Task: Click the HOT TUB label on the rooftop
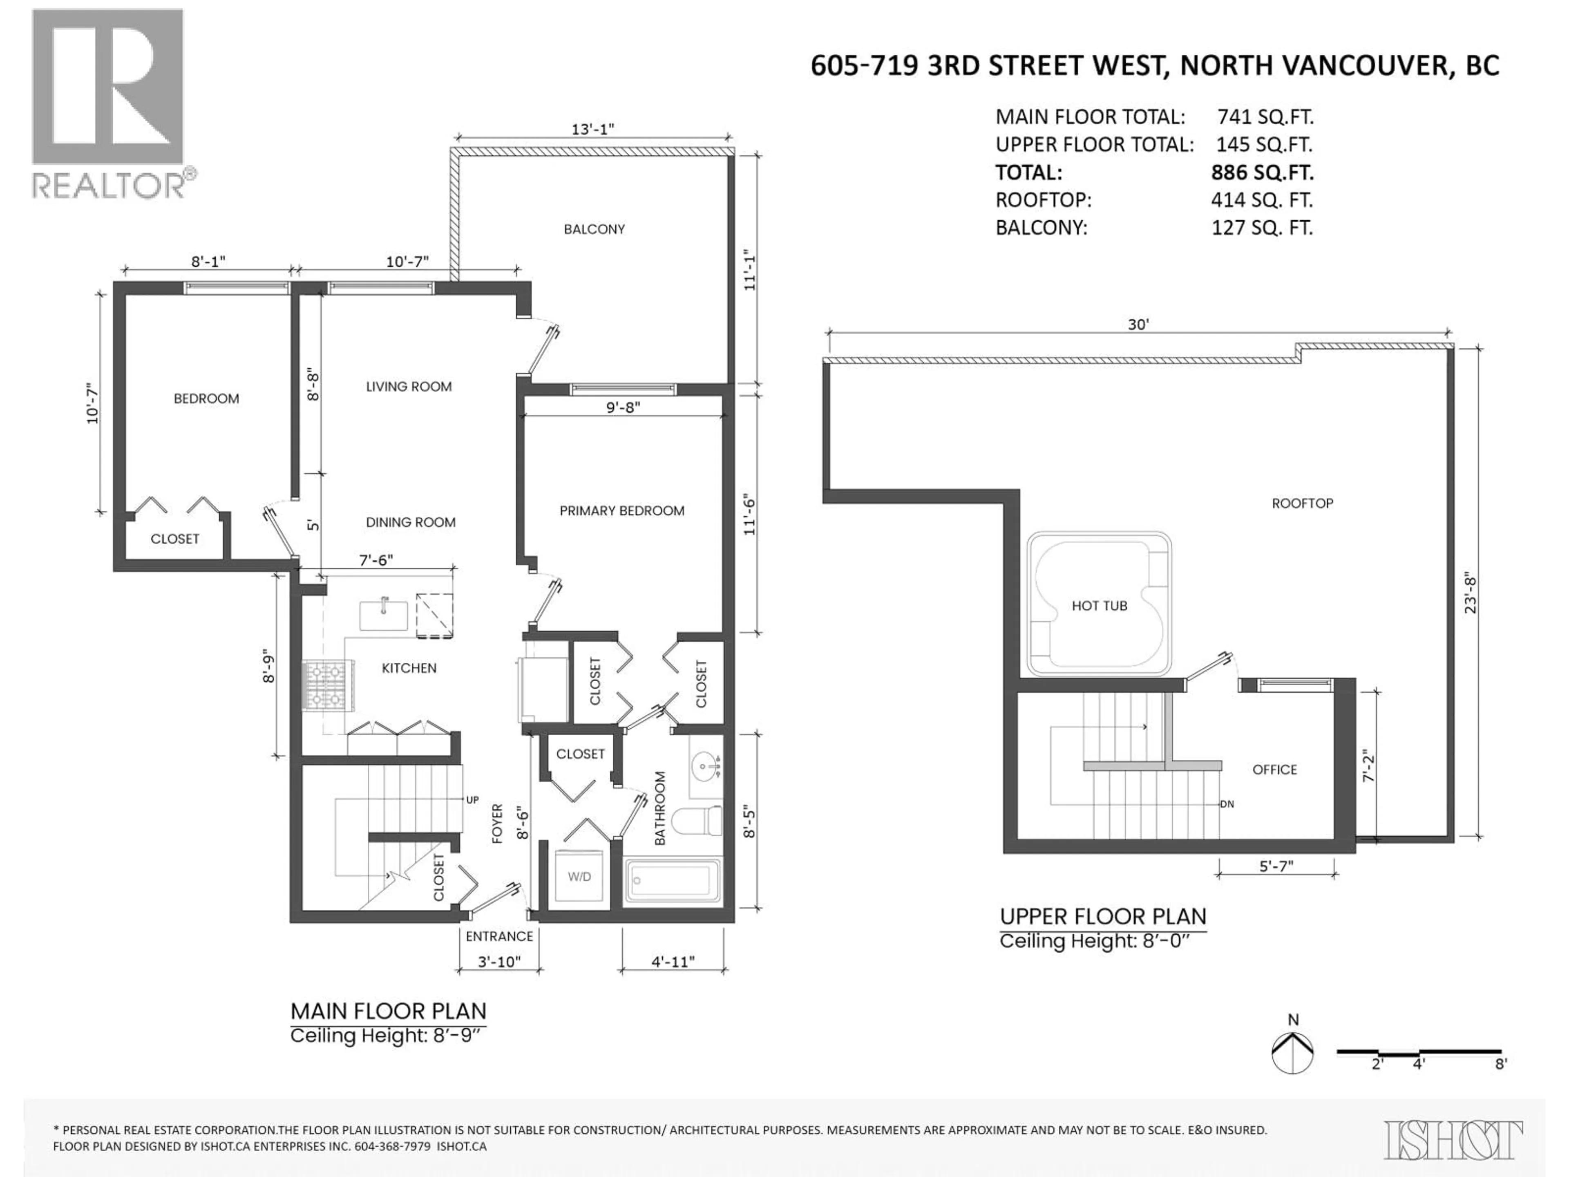pos(1099,606)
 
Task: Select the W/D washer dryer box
pos(579,877)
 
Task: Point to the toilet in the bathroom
pos(697,821)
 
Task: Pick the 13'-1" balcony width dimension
pos(592,129)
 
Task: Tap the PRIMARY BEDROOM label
pos(621,511)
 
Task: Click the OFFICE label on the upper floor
pos(1274,770)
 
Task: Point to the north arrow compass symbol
pos(1292,1052)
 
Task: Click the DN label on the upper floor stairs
pos(1227,805)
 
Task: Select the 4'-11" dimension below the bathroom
pos(673,962)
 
